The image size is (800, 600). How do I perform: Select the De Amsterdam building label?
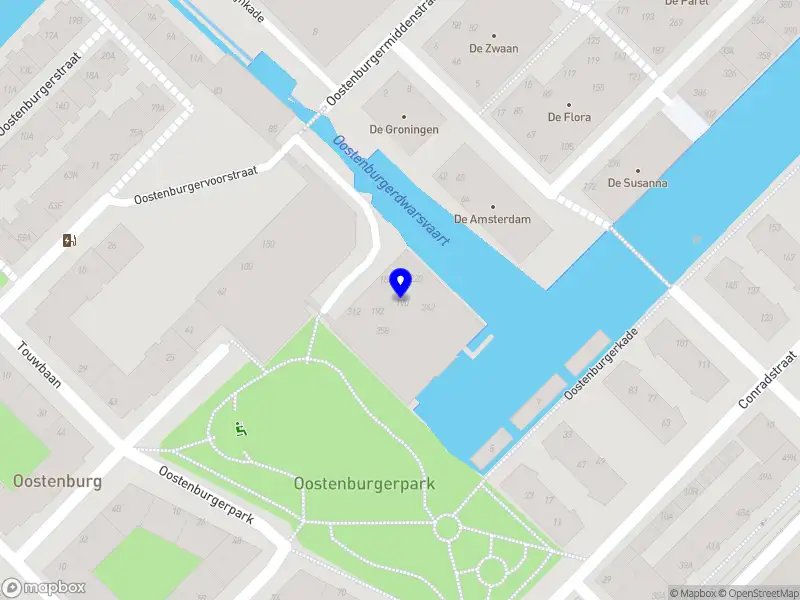pos(492,219)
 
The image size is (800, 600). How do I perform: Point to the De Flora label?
pos(569,117)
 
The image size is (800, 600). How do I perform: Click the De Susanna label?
pos(638,183)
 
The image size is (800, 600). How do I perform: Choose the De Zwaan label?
pos(494,48)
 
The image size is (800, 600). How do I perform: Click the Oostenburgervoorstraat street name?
pos(196,185)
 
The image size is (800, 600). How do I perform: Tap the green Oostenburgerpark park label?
pos(365,483)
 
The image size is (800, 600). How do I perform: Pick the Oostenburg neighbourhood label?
pos(58,481)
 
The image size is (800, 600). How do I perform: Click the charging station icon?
pos(69,240)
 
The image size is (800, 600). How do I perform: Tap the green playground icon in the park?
pos(240,430)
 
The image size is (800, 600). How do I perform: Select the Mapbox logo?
pos(44,588)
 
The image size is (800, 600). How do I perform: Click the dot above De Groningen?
pos(405,117)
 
